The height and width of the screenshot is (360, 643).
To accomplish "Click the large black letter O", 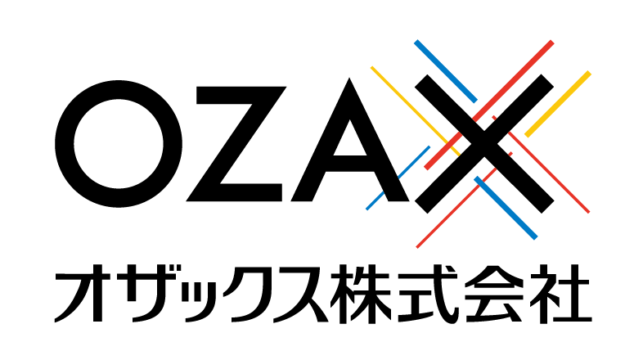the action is click(119, 144).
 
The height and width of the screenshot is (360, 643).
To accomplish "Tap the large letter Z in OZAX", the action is click(236, 144).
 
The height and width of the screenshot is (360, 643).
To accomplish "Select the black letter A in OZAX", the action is click(350, 140).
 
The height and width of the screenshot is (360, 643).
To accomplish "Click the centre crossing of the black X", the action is click(484, 144).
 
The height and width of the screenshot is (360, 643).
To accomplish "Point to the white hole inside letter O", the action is click(119, 144).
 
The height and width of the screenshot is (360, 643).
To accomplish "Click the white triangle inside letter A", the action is click(350, 138).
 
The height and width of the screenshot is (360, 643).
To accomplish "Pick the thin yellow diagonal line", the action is click(416, 111).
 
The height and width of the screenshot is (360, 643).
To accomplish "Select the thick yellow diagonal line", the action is click(558, 104).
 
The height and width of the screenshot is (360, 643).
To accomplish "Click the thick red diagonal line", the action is click(489, 105).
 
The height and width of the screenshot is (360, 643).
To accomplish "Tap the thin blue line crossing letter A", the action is click(398, 178).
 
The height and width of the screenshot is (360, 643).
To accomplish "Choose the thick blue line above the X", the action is click(446, 71).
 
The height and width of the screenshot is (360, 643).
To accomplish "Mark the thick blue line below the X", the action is click(506, 208).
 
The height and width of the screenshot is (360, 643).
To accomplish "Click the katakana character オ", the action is click(83, 293).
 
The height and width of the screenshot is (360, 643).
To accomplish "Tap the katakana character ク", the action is click(247, 293).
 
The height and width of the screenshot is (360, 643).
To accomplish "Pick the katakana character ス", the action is click(300, 294).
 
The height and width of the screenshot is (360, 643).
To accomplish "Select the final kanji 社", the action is click(560, 294).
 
